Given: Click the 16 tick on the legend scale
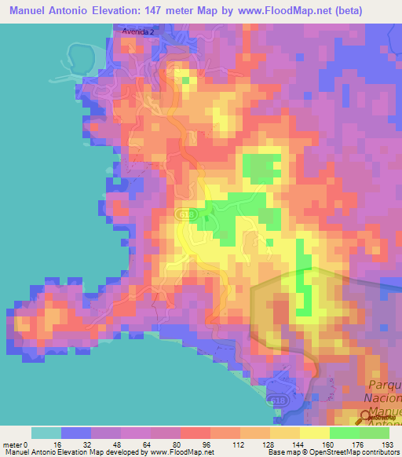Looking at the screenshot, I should point(60,444).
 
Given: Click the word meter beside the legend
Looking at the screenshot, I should point(13,444).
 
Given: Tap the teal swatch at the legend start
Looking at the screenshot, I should point(46,433).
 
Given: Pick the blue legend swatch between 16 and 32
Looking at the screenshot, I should point(75,433).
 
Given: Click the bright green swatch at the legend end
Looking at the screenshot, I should point(374,433).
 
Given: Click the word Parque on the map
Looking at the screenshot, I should point(384,384).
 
